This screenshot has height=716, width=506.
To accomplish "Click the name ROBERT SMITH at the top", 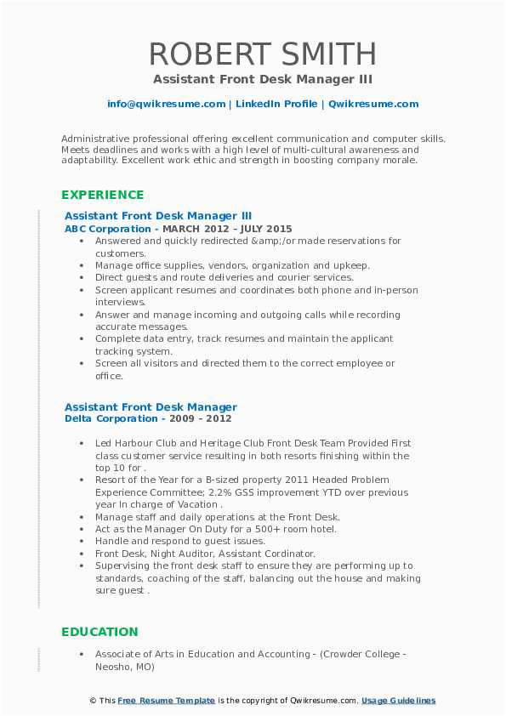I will tap(263, 54).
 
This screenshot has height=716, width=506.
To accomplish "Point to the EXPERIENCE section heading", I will tap(102, 195).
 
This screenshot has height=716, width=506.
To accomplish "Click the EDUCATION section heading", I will tap(99, 632).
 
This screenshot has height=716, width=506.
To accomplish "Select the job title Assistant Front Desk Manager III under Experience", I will tap(158, 216).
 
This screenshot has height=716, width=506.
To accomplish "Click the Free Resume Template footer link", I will tap(166, 701).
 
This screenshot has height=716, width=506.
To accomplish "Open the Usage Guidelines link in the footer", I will tap(398, 701).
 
